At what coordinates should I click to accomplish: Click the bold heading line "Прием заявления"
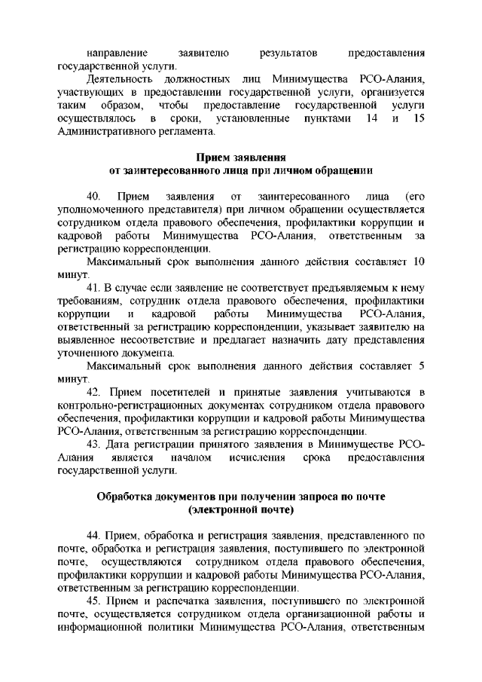241,158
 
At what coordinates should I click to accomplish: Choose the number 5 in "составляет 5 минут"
422,366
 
